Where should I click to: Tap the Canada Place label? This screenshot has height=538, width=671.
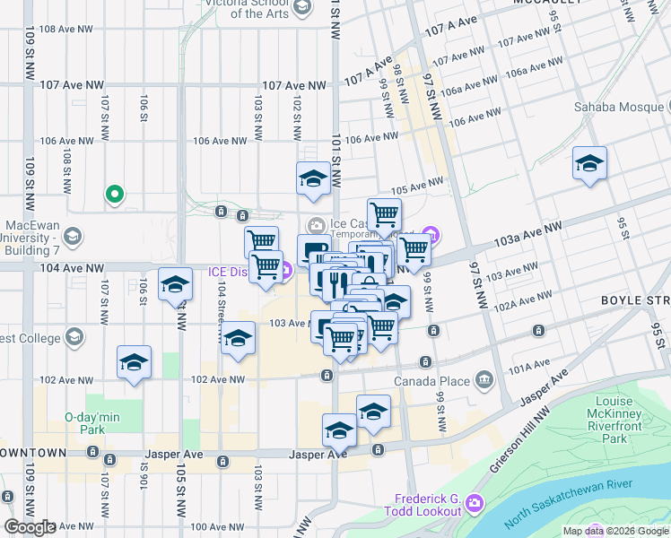(431, 381)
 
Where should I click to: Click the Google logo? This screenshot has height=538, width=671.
(30, 527)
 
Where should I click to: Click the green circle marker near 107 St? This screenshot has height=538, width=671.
(115, 193)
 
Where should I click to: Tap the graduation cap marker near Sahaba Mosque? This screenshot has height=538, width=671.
(589, 165)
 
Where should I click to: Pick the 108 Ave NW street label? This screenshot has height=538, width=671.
(66, 29)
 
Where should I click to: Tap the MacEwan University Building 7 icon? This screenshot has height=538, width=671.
(72, 237)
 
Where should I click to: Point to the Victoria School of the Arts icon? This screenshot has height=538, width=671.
(302, 6)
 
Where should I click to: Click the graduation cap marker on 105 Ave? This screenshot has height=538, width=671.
(313, 178)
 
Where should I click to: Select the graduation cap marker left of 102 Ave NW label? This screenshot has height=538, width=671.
(134, 364)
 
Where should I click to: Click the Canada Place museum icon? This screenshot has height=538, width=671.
(484, 380)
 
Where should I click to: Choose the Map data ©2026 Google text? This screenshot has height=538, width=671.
(614, 531)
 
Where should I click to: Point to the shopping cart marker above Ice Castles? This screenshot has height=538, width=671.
(384, 215)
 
